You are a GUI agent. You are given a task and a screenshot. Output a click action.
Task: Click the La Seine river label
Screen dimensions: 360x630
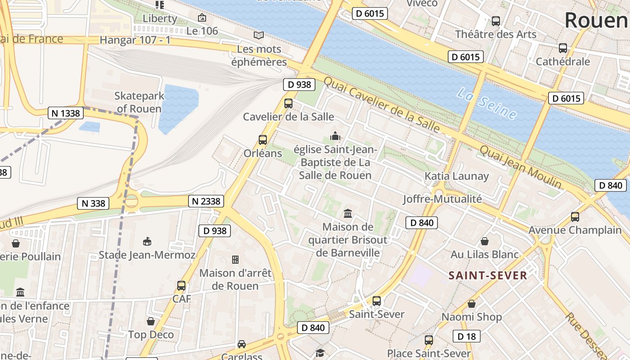[x=486, y=104]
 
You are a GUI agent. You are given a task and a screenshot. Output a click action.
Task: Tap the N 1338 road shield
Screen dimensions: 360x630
[x=66, y=113]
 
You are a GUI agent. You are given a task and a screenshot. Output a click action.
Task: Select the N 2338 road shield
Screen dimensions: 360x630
[x=206, y=201]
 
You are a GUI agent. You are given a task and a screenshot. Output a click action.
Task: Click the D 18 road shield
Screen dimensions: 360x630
[x=466, y=336]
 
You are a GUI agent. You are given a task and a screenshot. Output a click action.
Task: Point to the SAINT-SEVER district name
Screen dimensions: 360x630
[x=488, y=275]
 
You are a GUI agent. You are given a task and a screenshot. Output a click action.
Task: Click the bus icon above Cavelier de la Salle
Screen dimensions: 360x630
[x=288, y=103]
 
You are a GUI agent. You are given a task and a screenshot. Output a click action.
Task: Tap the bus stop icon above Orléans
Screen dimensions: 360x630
[x=263, y=140]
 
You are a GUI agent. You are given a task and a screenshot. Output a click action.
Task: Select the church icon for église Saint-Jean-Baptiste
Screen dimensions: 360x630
[x=335, y=136]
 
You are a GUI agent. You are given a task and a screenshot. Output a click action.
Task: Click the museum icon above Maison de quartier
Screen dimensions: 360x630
[x=348, y=213]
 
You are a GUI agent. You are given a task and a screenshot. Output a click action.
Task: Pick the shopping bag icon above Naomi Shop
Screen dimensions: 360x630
[x=472, y=304]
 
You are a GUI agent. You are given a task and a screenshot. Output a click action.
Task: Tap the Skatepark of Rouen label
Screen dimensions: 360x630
[x=139, y=102]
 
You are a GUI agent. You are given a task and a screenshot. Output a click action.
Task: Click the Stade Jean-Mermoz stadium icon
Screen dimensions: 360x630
[x=147, y=242]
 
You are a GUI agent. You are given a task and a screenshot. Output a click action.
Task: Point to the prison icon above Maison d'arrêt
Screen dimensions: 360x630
[x=235, y=260]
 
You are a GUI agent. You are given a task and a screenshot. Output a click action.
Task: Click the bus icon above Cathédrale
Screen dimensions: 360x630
[x=562, y=48]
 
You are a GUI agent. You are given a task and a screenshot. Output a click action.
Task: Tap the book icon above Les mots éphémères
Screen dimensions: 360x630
[x=259, y=35]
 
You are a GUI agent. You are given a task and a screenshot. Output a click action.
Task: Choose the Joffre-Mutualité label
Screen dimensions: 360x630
[x=442, y=198]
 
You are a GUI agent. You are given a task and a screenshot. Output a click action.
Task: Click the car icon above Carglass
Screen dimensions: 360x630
[x=242, y=344]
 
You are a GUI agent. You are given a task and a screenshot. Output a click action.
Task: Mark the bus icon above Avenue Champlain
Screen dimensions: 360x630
[x=575, y=217]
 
